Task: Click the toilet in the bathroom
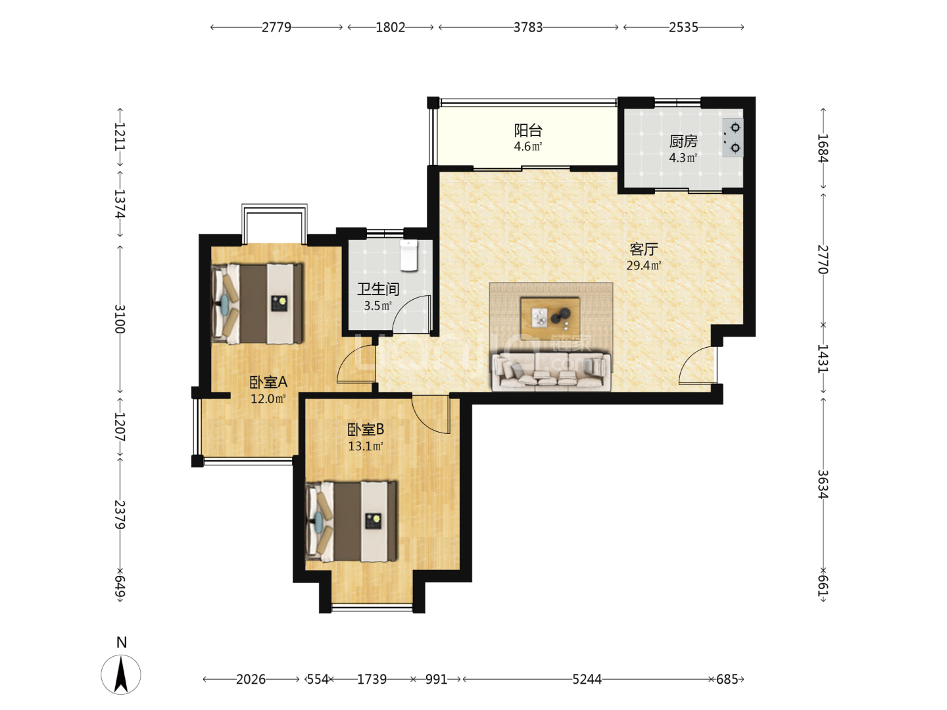pyautogui.click(x=408, y=255)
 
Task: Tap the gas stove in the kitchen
pyautogui.click(x=732, y=138)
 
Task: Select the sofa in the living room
pyautogui.click(x=551, y=371)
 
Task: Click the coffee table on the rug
pyautogui.click(x=550, y=318)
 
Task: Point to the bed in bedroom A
pyautogui.click(x=256, y=304)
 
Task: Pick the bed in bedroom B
pyautogui.click(x=351, y=521)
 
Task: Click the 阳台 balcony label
pyautogui.click(x=527, y=130)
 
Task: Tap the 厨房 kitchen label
pyautogui.click(x=683, y=141)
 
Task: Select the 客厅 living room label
pyautogui.click(x=643, y=249)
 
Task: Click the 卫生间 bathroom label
pyautogui.click(x=378, y=289)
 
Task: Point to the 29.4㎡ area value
pyautogui.click(x=643, y=266)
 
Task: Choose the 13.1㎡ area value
pyautogui.click(x=366, y=446)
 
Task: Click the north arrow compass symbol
pyautogui.click(x=121, y=674)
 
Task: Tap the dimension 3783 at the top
pyautogui.click(x=527, y=27)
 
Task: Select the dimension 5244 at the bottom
pyautogui.click(x=587, y=679)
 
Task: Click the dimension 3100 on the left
pyautogui.click(x=120, y=319)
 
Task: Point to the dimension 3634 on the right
pyautogui.click(x=823, y=484)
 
